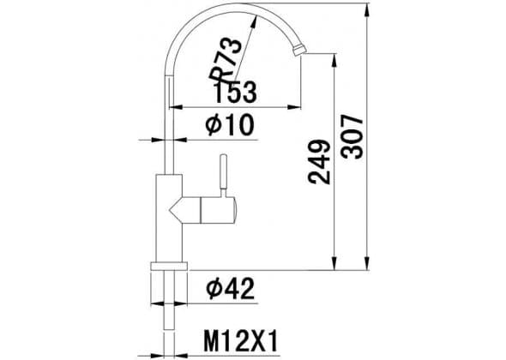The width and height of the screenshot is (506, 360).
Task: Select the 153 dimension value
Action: point(236,93)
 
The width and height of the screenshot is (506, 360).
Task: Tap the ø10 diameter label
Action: point(230,125)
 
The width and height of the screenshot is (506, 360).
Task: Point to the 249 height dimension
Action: point(320,162)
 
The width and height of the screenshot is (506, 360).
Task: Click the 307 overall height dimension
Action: point(352,137)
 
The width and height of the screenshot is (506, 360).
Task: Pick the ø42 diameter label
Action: point(231,288)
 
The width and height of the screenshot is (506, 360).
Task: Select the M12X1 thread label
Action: point(241,340)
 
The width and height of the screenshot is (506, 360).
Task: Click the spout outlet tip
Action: point(299,51)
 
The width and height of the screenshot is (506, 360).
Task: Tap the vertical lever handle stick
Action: point(223,176)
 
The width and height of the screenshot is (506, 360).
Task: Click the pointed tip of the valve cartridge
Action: point(170,211)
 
